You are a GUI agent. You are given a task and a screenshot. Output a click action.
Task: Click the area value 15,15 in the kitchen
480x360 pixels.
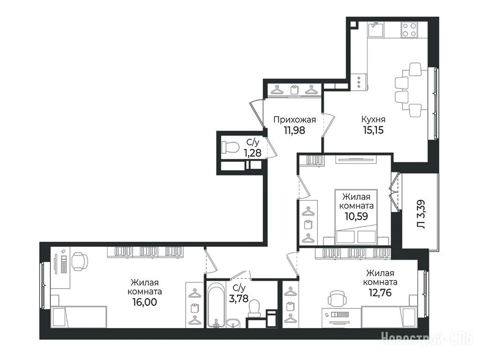(373, 130)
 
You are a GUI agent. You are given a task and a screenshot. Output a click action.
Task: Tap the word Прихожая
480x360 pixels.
(294, 120)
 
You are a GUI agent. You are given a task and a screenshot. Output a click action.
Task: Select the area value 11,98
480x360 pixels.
(294, 130)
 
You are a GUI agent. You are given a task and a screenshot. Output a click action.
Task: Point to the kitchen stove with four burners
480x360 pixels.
(409, 30)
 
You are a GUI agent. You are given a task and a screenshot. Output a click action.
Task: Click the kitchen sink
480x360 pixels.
(375, 30)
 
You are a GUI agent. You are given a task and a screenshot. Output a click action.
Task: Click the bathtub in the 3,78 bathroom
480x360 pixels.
(216, 304)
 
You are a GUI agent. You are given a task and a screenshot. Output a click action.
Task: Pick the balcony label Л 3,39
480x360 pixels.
(421, 214)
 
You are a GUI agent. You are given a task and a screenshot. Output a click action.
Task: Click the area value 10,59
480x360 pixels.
(356, 217)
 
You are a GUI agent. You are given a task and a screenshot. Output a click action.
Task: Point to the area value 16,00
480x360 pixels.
(145, 302)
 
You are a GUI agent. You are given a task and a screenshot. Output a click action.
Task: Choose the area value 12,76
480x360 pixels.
(380, 292)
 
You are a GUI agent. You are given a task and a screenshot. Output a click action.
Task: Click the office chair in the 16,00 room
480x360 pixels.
(79, 262)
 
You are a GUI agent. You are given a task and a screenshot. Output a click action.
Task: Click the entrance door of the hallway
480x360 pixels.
(257, 113)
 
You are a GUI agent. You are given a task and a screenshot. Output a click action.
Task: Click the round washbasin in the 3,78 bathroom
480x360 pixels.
(234, 322)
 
